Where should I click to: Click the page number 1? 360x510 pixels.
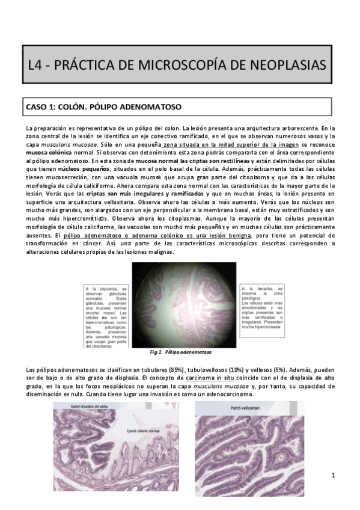click(x=332, y=476)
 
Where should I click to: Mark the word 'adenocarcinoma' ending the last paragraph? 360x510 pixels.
click(x=223, y=395)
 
